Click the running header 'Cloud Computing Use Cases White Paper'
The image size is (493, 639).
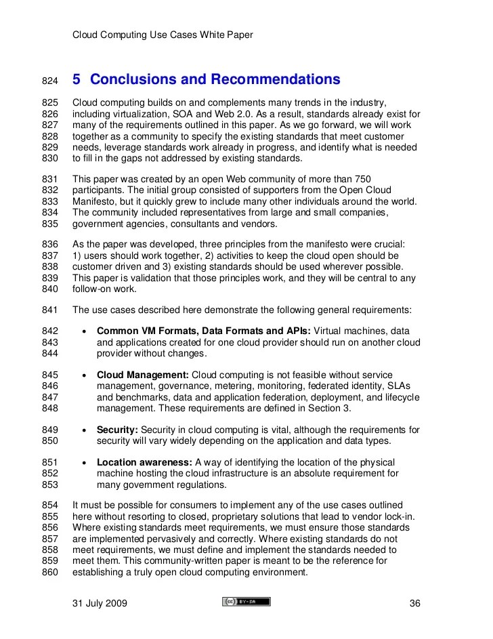click(163, 35)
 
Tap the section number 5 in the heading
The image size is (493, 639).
click(77, 80)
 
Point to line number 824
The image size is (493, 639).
click(51, 81)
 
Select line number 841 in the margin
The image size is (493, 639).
click(51, 310)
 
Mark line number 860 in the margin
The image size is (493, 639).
click(51, 571)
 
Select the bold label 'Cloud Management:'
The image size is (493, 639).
click(143, 374)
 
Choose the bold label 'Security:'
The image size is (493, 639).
click(118, 430)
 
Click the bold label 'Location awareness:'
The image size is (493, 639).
click(145, 462)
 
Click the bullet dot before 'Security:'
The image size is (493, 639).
click(82, 430)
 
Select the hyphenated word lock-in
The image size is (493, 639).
click(397, 516)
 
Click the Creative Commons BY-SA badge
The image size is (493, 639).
click(246, 602)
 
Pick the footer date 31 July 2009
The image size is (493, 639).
click(100, 603)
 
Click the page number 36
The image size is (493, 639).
click(416, 603)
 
